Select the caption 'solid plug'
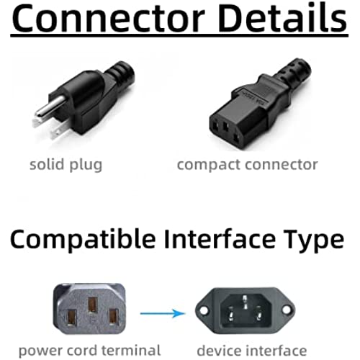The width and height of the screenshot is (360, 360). (x=66, y=166)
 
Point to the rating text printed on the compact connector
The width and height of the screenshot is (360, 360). (x=255, y=98)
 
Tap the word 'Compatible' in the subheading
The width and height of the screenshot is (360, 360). (x=83, y=239)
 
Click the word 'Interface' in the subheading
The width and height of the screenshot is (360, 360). (x=220, y=238)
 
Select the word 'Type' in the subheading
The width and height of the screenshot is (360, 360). (x=314, y=240)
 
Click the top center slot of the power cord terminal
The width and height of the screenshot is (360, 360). (x=92, y=305)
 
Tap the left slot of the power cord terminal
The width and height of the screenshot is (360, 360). (x=72, y=318)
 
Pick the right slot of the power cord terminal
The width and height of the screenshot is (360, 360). (x=114, y=317)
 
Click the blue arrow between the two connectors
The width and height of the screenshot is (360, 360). (x=163, y=313)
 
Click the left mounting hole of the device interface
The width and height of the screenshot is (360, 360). (x=204, y=310)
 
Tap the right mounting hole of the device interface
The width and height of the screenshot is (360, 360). (x=287, y=310)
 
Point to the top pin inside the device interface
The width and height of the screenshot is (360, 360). (x=245, y=302)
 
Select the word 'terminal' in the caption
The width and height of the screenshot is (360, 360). (x=131, y=351)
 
